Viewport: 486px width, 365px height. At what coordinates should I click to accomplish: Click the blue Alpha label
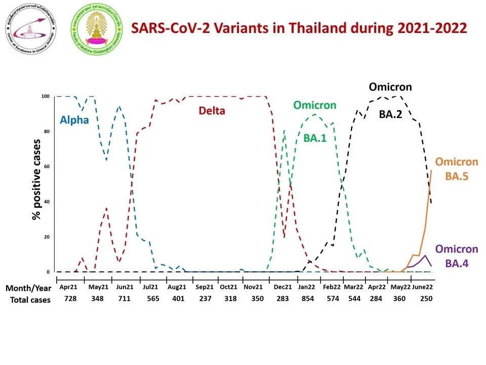(74, 120)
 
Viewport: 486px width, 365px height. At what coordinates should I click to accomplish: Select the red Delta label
(211, 111)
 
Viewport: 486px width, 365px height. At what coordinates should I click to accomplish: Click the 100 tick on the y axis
(46, 96)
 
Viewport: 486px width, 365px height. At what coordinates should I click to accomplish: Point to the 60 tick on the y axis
(47, 166)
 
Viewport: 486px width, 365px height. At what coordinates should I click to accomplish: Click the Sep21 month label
(205, 287)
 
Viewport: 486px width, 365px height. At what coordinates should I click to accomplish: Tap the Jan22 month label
(306, 287)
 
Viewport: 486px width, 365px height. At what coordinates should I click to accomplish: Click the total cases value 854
(307, 299)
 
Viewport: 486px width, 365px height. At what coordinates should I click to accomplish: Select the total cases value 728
(70, 299)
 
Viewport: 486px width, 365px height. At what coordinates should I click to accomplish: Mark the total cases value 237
(205, 299)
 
